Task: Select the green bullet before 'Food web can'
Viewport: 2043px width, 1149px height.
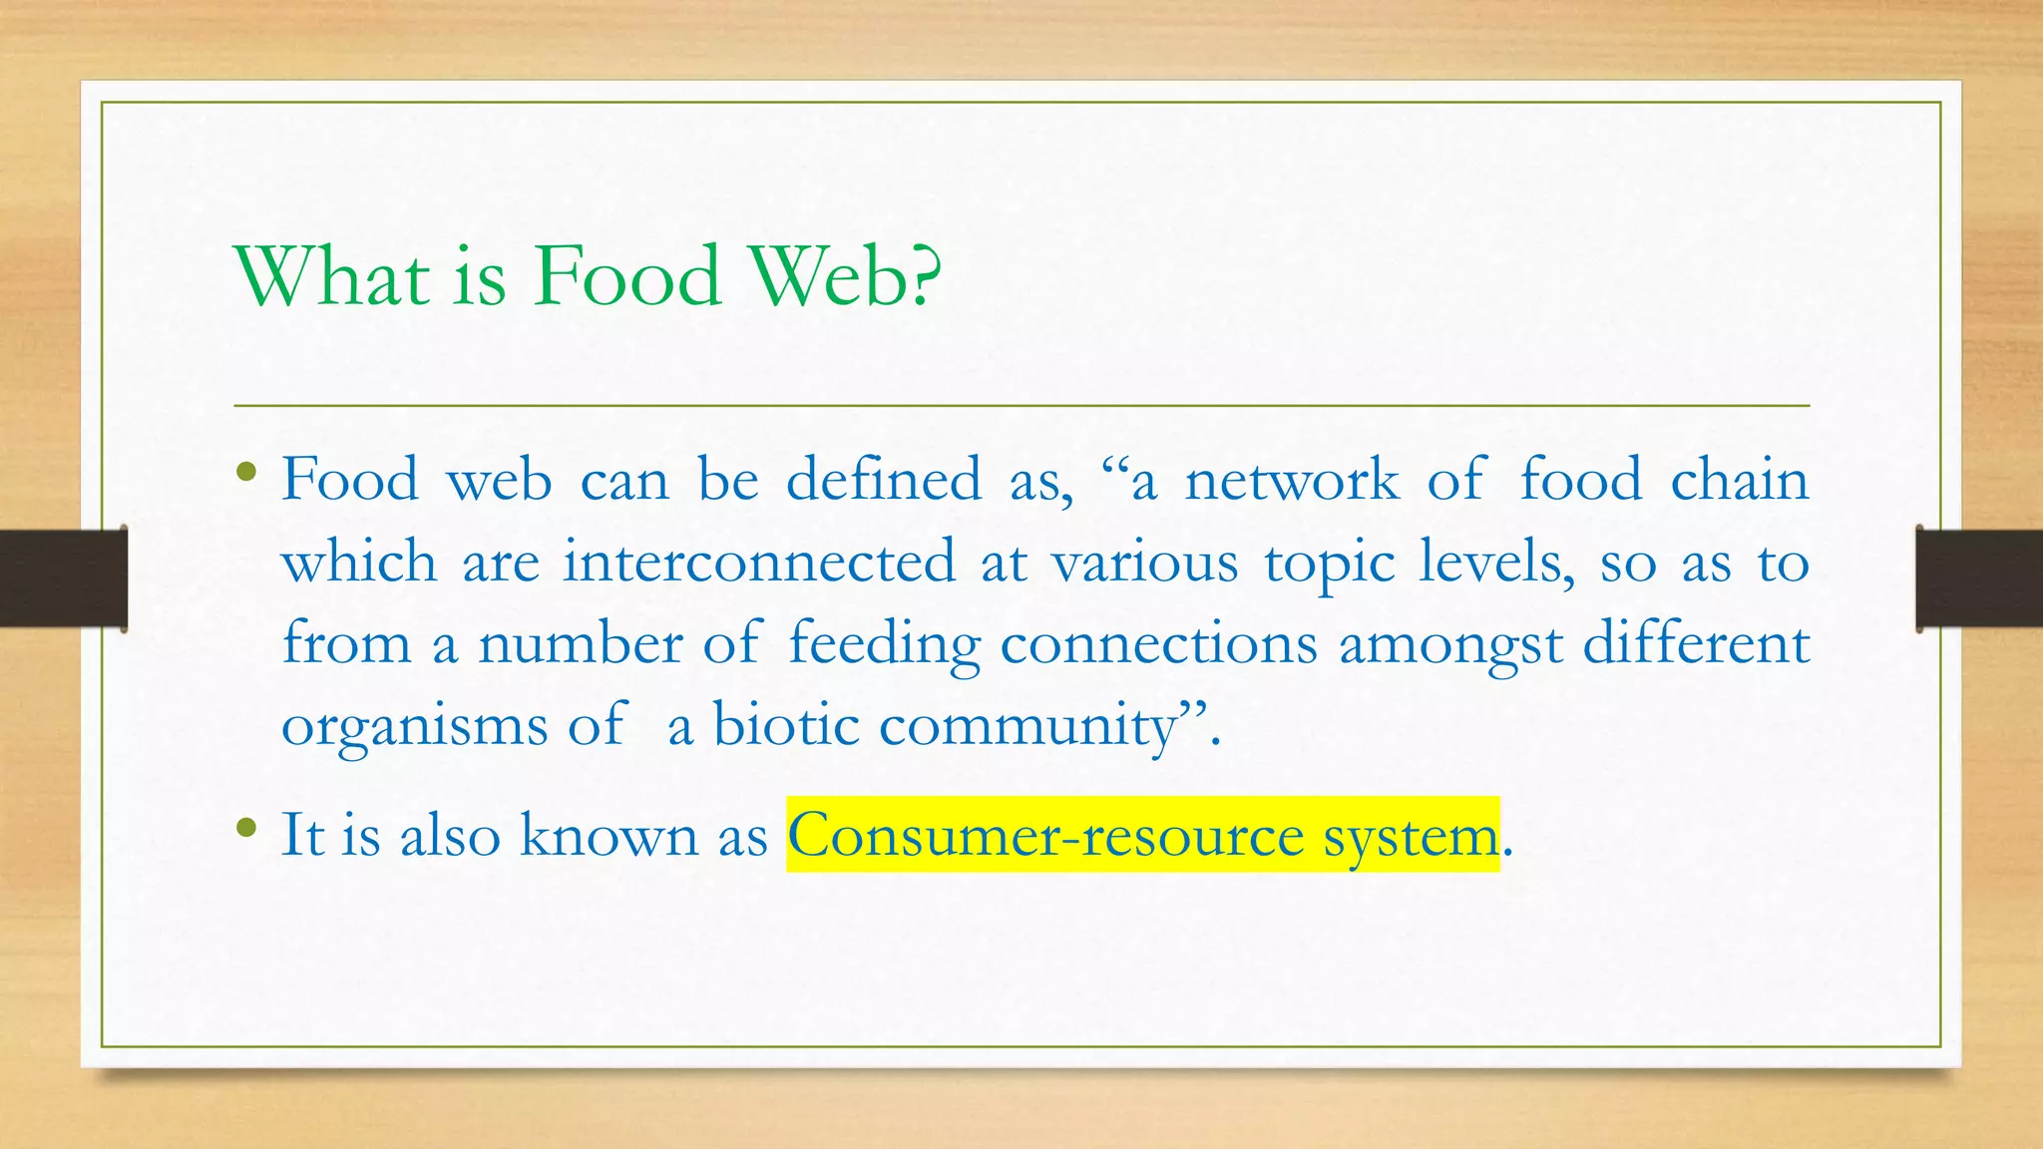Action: click(x=247, y=472)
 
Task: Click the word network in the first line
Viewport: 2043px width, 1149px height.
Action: click(x=1292, y=481)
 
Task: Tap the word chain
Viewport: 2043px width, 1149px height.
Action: click(x=1739, y=481)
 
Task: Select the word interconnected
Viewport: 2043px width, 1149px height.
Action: click(x=759, y=563)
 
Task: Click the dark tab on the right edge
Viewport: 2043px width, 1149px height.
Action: click(x=1979, y=578)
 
